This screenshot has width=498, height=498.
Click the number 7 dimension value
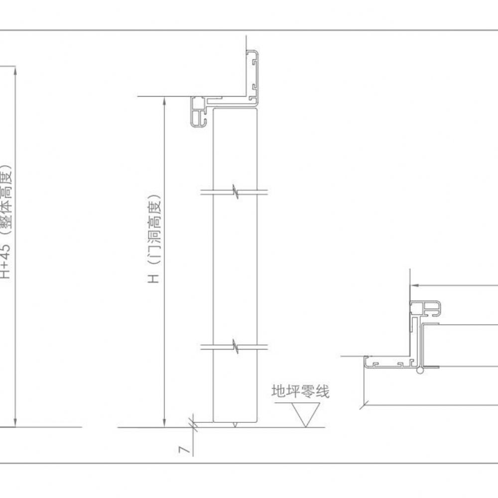(x=184, y=450)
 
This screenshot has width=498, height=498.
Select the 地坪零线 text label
(x=300, y=391)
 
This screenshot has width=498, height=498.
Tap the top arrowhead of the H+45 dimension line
(x=15, y=71)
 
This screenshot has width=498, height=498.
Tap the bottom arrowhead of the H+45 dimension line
(x=15, y=423)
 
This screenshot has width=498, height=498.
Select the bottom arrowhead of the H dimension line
(x=164, y=423)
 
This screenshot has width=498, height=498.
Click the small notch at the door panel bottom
(x=235, y=425)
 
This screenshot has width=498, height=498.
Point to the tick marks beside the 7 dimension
(x=193, y=425)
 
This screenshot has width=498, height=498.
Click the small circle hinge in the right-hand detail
(x=420, y=371)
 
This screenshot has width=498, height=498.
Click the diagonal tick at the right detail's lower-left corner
(x=364, y=405)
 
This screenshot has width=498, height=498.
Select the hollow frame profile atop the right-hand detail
(x=425, y=308)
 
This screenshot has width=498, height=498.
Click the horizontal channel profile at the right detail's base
(x=390, y=362)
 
